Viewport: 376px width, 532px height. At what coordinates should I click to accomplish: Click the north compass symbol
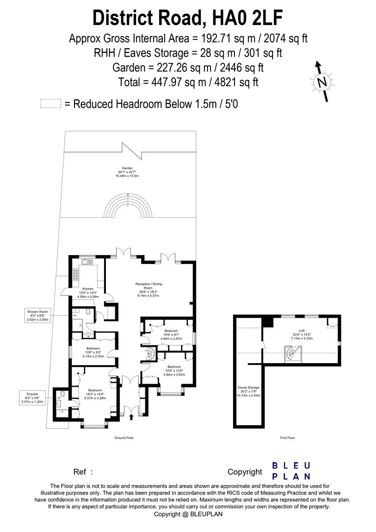click(x=322, y=82)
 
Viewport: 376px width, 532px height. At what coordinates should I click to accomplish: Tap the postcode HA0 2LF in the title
click(x=248, y=18)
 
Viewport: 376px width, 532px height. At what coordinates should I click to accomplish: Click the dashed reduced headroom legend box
click(x=51, y=103)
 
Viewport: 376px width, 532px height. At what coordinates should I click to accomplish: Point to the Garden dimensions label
click(x=127, y=172)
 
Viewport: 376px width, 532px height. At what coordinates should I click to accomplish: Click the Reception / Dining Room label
click(x=149, y=288)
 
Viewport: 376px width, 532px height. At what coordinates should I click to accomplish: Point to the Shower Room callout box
click(x=39, y=315)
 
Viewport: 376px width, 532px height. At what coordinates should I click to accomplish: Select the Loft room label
click(x=302, y=334)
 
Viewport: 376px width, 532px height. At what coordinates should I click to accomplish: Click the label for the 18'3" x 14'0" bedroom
click(x=95, y=394)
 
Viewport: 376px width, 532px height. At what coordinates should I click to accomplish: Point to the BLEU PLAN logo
click(x=291, y=471)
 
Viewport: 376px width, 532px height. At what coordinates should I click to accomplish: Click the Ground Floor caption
click(x=124, y=437)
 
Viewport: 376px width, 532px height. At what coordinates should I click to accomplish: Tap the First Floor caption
click(x=287, y=437)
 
